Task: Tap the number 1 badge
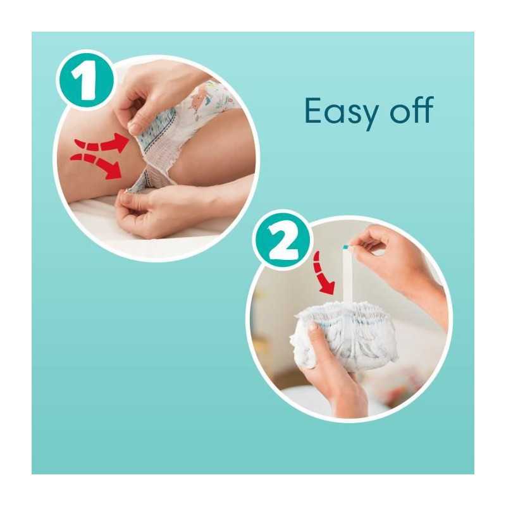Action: coord(85,80)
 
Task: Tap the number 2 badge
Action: coord(281,239)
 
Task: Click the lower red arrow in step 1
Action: coord(97,165)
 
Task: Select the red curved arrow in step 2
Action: coord(323,273)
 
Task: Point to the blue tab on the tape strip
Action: coord(346,247)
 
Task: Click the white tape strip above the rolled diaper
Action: coord(348,275)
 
